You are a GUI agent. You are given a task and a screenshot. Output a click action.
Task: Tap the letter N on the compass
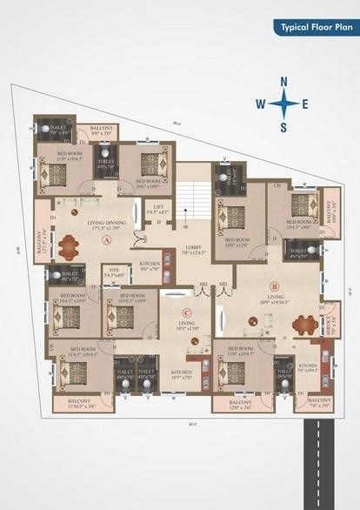point(283,82)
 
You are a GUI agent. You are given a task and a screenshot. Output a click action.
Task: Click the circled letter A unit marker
point(107,238)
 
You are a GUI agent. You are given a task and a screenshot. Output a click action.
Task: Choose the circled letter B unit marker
point(274,285)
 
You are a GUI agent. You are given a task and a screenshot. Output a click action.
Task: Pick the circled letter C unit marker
point(186,313)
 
